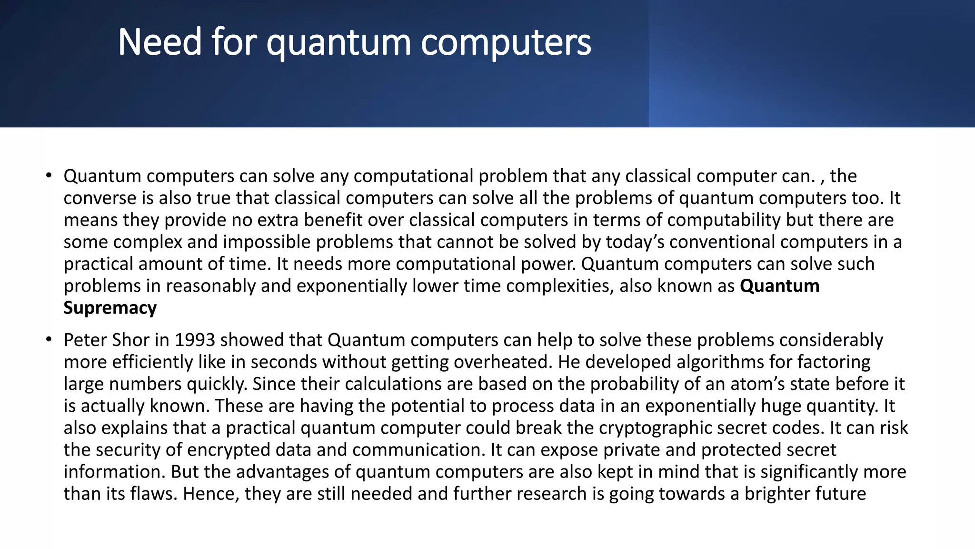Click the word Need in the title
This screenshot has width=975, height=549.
pos(160,42)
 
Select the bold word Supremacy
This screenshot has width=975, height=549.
pos(110,308)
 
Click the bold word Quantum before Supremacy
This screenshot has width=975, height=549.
pos(780,286)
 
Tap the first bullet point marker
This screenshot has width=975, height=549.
pos(48,175)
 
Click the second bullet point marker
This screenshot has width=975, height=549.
pos(48,340)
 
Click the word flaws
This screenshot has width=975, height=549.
pos(153,494)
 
